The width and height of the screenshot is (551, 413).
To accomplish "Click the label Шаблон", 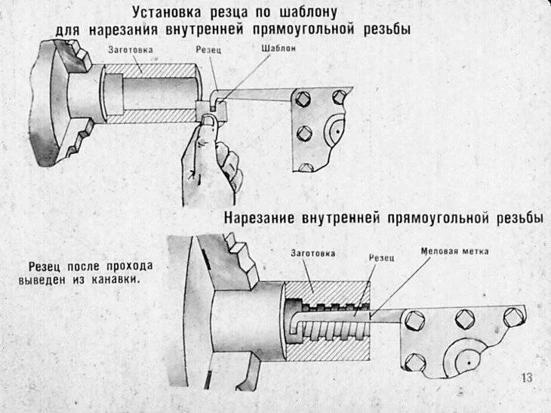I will (x=279, y=48).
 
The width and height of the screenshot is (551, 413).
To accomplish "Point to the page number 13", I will (x=527, y=378).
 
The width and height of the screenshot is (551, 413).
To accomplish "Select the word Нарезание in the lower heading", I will (x=261, y=218).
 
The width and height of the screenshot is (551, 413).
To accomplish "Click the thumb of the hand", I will (x=205, y=136).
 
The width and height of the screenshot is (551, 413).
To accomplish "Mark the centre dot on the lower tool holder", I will (x=468, y=363).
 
